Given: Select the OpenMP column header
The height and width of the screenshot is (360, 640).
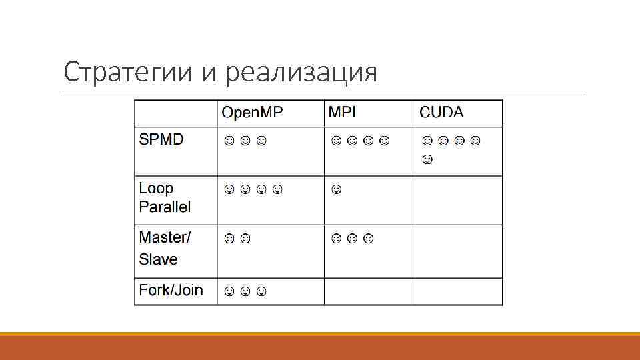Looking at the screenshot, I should (252, 113).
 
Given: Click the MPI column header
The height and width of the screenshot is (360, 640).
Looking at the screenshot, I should (343, 113).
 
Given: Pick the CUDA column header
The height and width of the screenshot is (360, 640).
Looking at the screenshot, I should (441, 113).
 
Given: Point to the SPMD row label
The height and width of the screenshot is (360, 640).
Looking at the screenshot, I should (161, 140).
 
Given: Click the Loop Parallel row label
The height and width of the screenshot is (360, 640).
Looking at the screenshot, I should (165, 197).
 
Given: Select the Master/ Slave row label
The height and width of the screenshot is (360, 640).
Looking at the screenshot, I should (165, 247).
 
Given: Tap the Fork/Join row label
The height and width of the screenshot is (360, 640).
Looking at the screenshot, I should (171, 290).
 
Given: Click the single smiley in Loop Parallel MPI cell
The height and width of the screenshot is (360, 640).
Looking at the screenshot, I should (336, 190).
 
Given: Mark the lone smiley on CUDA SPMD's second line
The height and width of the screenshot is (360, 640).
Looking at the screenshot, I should (427, 159).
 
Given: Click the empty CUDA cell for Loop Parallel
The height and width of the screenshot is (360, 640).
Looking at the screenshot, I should (459, 200).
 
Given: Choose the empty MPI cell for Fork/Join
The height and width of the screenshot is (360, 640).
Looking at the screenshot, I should (369, 291).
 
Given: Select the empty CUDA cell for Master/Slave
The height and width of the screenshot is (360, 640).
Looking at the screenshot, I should (459, 251).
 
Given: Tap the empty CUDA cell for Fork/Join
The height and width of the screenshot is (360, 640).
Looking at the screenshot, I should (459, 291).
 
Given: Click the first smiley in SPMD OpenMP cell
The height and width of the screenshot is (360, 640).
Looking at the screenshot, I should (229, 141).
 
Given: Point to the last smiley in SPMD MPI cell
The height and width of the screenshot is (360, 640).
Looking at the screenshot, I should (383, 141).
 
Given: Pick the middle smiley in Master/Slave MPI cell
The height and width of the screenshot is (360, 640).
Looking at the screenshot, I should (353, 238).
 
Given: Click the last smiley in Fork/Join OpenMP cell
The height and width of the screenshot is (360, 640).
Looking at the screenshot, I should (261, 291).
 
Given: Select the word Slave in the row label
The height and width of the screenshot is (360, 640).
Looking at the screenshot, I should (158, 259).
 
